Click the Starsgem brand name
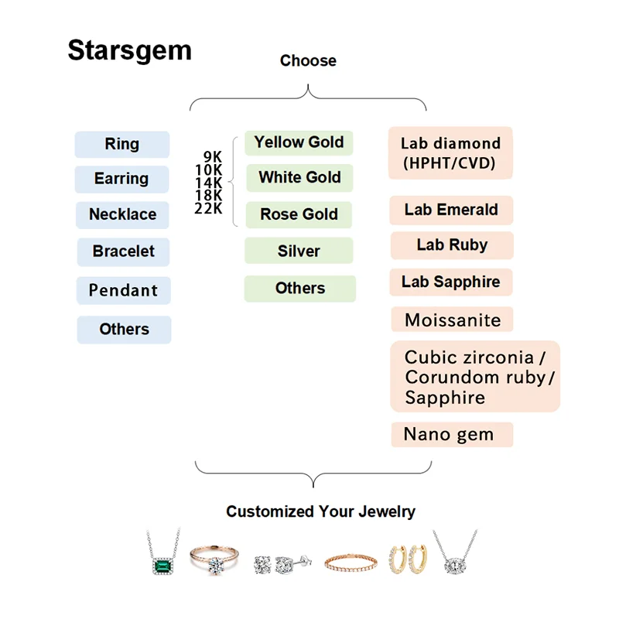click(129, 50)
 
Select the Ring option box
click(122, 145)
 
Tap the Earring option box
click(122, 180)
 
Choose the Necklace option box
click(123, 215)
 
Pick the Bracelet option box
click(123, 251)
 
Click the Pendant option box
click(123, 291)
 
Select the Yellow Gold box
click(299, 142)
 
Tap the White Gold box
click(299, 178)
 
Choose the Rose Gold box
click(299, 214)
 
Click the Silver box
click(299, 251)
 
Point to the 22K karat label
click(209, 209)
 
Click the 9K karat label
click(213, 156)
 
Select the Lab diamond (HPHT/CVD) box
click(450, 153)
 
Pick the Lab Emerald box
click(451, 210)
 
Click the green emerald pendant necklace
click(163, 559)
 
